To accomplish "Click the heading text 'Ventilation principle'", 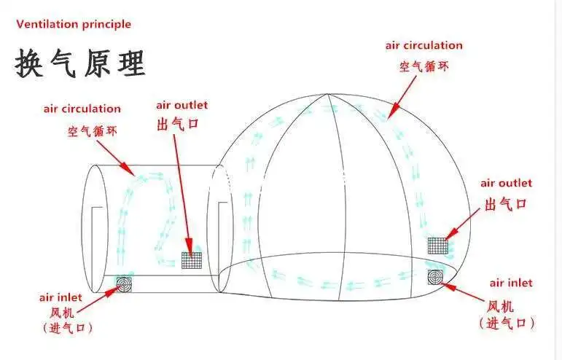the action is (73, 24).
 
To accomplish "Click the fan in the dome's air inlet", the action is (436, 277).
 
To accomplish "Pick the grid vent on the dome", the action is (437, 245).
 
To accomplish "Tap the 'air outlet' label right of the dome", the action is (506, 183).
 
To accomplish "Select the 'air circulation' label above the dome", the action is (424, 45).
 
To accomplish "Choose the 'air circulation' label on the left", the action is (82, 109).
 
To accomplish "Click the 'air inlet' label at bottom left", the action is (61, 297).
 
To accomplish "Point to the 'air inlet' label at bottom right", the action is (510, 283).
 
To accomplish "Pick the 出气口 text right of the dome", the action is (505, 204).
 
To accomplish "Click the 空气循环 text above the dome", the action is (423, 67).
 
